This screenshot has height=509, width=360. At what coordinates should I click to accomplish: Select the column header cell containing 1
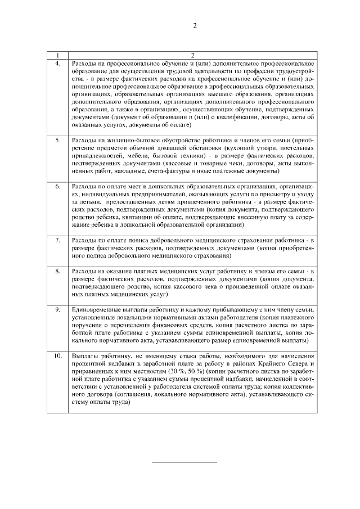(57, 55)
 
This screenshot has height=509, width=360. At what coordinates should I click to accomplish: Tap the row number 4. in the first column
(57, 64)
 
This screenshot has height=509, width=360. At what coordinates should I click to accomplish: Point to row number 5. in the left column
(57, 140)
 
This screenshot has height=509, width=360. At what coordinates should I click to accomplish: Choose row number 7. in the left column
(57, 240)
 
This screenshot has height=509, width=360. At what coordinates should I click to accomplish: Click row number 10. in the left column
(57, 356)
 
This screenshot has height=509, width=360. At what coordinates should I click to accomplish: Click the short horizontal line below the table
(184, 462)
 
